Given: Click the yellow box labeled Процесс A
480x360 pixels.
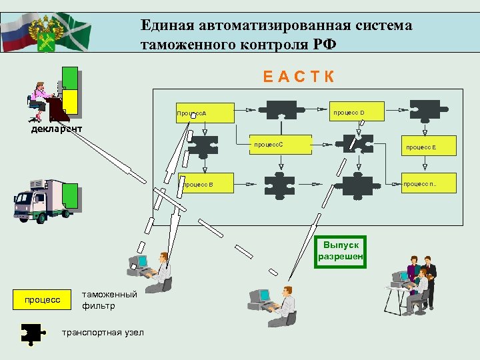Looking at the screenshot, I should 205,113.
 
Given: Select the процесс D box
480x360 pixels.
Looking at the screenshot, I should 358,112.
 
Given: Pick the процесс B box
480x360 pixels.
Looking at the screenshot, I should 206,184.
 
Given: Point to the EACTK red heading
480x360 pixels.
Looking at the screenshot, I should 299,76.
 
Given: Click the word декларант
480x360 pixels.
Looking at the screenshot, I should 57,129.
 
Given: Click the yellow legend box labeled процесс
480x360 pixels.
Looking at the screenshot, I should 42,300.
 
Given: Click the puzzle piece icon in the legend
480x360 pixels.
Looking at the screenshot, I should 33,333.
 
